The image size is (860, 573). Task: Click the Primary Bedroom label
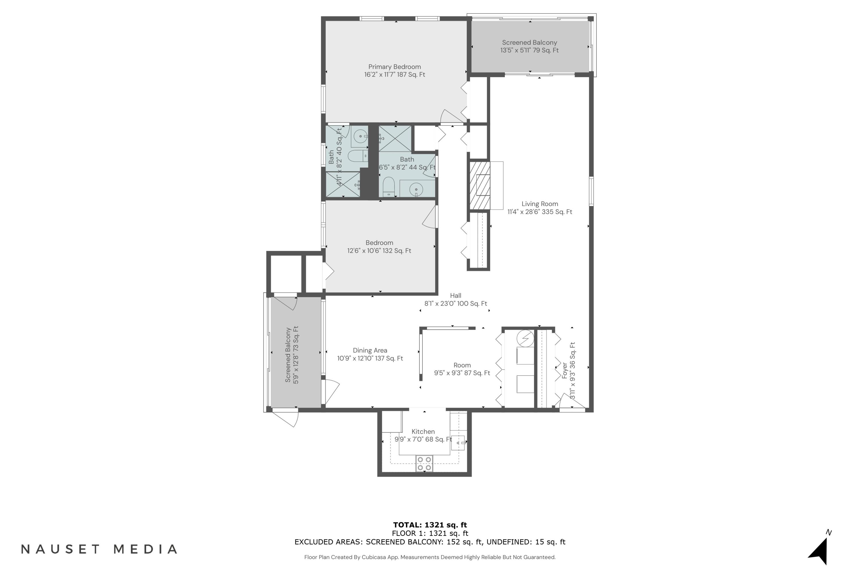click(x=394, y=67)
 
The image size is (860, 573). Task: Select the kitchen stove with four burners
click(x=424, y=463)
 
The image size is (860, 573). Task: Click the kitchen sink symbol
click(x=458, y=443)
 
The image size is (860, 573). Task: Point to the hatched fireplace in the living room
click(x=479, y=186)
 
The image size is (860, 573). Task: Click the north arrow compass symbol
click(x=819, y=551)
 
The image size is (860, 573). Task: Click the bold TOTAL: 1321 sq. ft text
click(x=430, y=525)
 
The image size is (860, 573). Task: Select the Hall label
click(x=455, y=296)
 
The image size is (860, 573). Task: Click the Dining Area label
click(x=370, y=350)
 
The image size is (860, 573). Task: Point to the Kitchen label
click(x=423, y=431)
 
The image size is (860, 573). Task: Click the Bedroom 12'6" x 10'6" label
click(x=379, y=243)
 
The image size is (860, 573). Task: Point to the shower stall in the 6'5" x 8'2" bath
click(x=395, y=138)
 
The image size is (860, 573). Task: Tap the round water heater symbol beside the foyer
click(x=525, y=338)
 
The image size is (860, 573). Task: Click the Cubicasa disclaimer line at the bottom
click(x=430, y=557)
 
